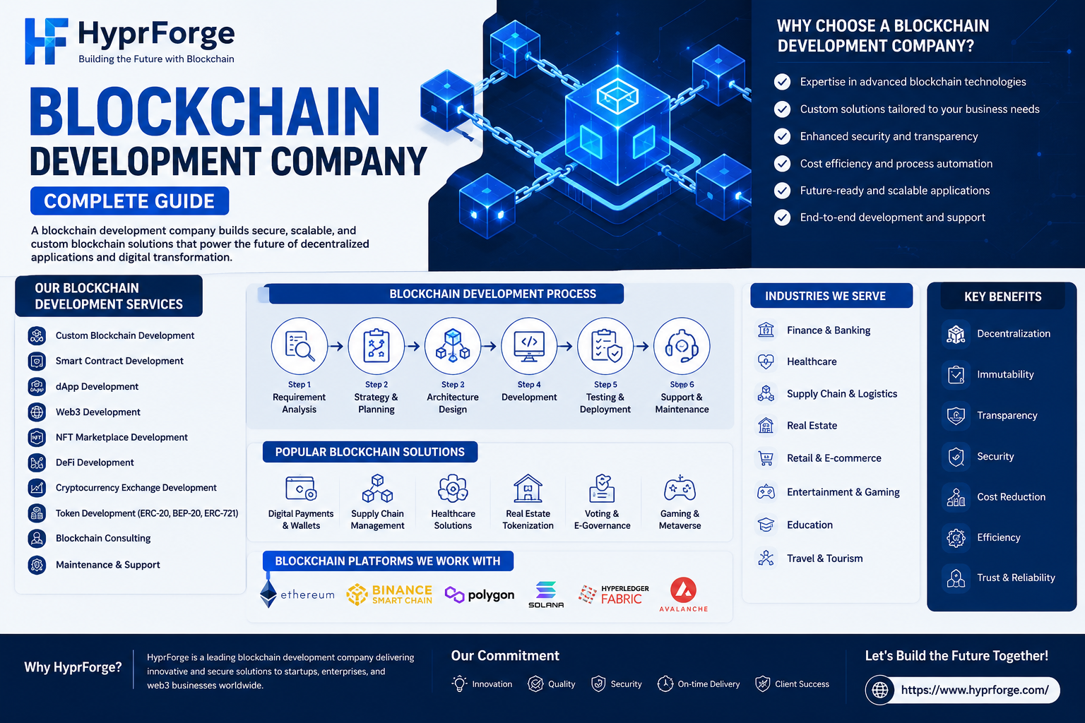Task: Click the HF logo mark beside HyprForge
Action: click(46, 41)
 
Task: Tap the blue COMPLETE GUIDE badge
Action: click(129, 201)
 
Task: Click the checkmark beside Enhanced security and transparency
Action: click(782, 136)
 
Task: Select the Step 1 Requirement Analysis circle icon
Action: click(300, 346)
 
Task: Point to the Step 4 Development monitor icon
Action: click(529, 346)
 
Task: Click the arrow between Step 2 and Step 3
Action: click(413, 346)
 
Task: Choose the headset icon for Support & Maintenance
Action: click(682, 346)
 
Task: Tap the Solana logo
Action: click(546, 594)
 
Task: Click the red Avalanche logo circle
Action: click(684, 590)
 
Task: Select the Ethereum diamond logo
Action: click(268, 594)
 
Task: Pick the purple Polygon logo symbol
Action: click(454, 594)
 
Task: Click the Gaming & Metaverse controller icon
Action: click(680, 489)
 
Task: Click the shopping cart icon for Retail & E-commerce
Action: click(766, 458)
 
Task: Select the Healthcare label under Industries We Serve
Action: click(812, 361)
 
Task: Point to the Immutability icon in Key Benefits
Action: click(956, 375)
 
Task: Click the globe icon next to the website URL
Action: click(879, 690)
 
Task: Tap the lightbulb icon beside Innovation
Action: click(459, 683)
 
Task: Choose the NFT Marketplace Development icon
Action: click(37, 438)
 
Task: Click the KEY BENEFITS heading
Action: click(1002, 297)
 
